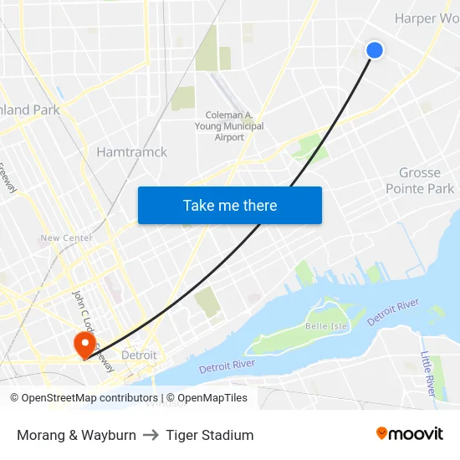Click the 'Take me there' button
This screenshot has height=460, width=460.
(x=230, y=205)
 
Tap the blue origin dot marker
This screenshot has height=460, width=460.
(x=375, y=50)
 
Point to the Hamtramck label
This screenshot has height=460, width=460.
(x=131, y=152)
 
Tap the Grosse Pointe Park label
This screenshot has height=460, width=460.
(x=419, y=181)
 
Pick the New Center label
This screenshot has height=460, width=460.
(x=66, y=238)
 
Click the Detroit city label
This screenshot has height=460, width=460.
(x=139, y=355)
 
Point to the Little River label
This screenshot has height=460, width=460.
(x=427, y=373)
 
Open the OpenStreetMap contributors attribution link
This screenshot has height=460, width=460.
(x=88, y=398)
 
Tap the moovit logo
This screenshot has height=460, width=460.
(x=410, y=434)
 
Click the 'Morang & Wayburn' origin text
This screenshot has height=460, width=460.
(x=76, y=435)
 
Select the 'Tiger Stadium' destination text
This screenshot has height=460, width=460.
(x=209, y=435)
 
